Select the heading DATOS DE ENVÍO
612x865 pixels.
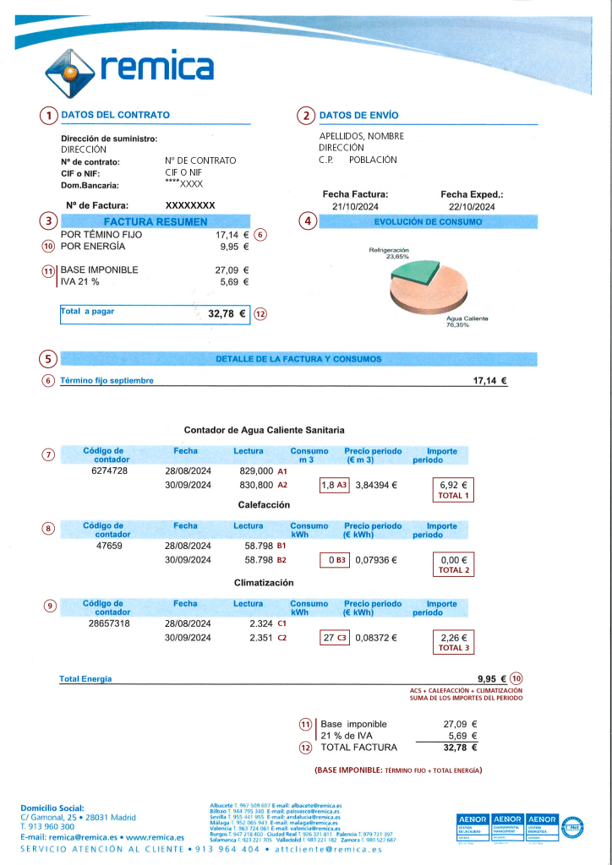[x=358, y=115]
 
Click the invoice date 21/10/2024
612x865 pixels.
[x=355, y=207]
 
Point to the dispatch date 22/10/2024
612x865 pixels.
[x=472, y=207]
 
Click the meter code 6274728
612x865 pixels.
[x=109, y=471]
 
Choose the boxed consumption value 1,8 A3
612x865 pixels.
[x=334, y=486]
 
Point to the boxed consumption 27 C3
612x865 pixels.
[x=335, y=638]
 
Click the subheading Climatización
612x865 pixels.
[x=263, y=583]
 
